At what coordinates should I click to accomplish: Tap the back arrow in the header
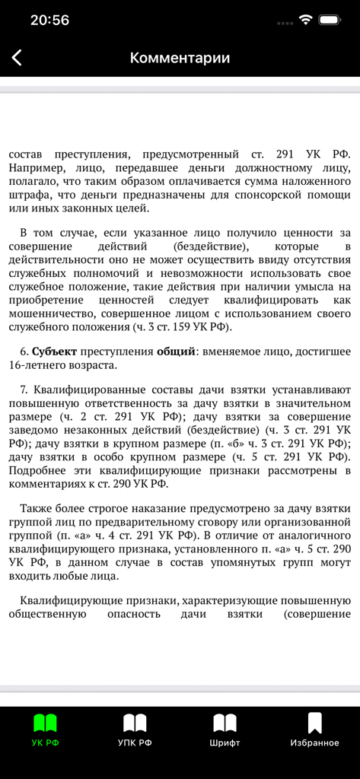(x=17, y=58)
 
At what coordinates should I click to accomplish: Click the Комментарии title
(x=180, y=58)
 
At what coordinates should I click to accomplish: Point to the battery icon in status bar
(x=330, y=20)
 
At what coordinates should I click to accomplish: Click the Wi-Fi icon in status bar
(x=305, y=20)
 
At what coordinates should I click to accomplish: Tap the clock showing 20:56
(x=50, y=21)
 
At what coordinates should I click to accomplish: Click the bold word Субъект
(x=55, y=351)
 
